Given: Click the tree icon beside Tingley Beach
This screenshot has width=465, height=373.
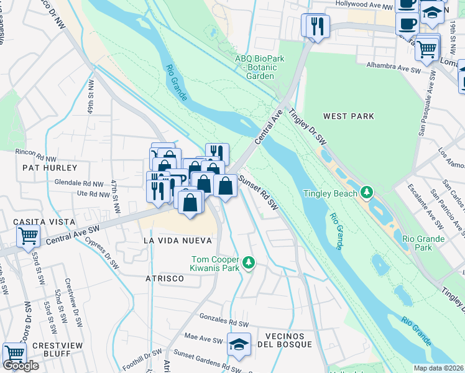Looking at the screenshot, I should [x=367, y=193].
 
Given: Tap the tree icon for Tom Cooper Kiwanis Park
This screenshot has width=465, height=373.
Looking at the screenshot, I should [x=249, y=263].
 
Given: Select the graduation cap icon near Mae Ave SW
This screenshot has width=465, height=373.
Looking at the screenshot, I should [x=238, y=344].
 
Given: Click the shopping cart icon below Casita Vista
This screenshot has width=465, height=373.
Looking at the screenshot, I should [x=28, y=236].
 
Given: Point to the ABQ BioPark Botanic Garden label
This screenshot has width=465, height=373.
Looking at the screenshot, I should [x=254, y=67].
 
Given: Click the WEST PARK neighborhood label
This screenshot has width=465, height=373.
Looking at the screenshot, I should [x=349, y=116].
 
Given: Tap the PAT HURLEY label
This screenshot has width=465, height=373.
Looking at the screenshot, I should [x=50, y=168].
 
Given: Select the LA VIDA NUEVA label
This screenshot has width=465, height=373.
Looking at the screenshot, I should [x=177, y=240].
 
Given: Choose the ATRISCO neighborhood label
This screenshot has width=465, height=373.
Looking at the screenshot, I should [x=165, y=279].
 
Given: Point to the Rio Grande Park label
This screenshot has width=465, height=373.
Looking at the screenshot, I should [x=423, y=243].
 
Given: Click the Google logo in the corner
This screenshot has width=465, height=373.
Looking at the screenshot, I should [x=21, y=366].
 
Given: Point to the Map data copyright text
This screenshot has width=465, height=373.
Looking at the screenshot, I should [x=439, y=368].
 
